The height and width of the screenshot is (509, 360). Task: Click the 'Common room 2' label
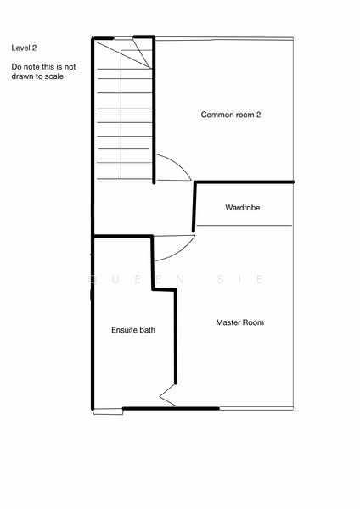point(230,115)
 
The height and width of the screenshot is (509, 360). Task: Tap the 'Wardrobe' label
point(242,208)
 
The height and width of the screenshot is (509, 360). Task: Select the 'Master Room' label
point(239,322)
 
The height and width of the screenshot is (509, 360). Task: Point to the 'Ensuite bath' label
point(133,330)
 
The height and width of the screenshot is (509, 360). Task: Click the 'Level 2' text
point(25,48)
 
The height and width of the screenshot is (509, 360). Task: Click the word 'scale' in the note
point(53,76)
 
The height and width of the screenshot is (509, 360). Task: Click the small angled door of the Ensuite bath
point(167,394)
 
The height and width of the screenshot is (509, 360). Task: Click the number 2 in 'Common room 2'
point(257,115)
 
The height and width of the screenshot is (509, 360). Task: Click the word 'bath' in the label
point(148,330)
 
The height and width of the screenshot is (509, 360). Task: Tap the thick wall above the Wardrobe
point(244,182)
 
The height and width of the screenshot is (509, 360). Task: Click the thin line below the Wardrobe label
point(244,225)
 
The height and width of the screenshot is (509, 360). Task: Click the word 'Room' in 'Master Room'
point(253,322)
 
